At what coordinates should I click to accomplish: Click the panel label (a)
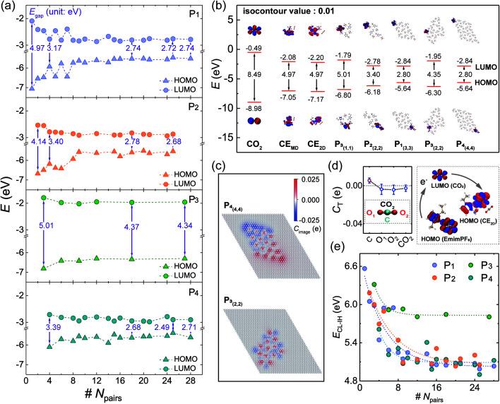click(9, 8)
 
